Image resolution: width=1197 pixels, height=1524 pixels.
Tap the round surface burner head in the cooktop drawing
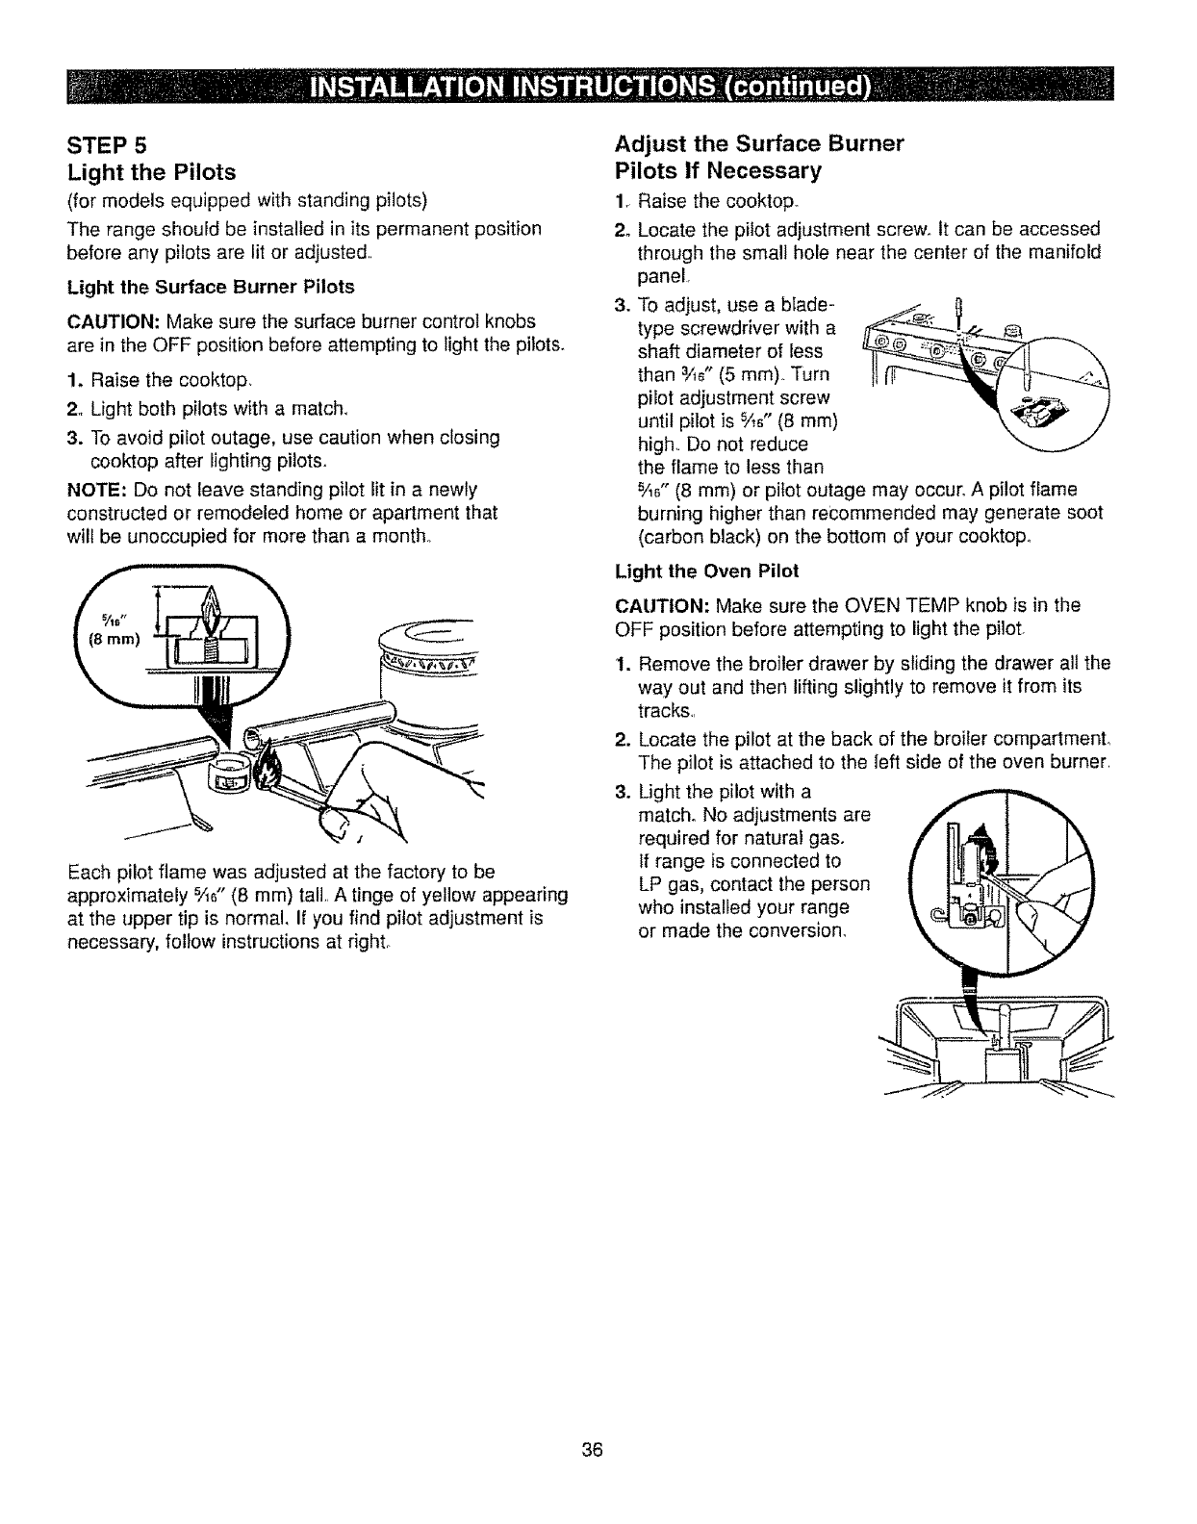point(429,655)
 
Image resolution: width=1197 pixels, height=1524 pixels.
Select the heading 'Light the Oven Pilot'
point(706,571)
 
